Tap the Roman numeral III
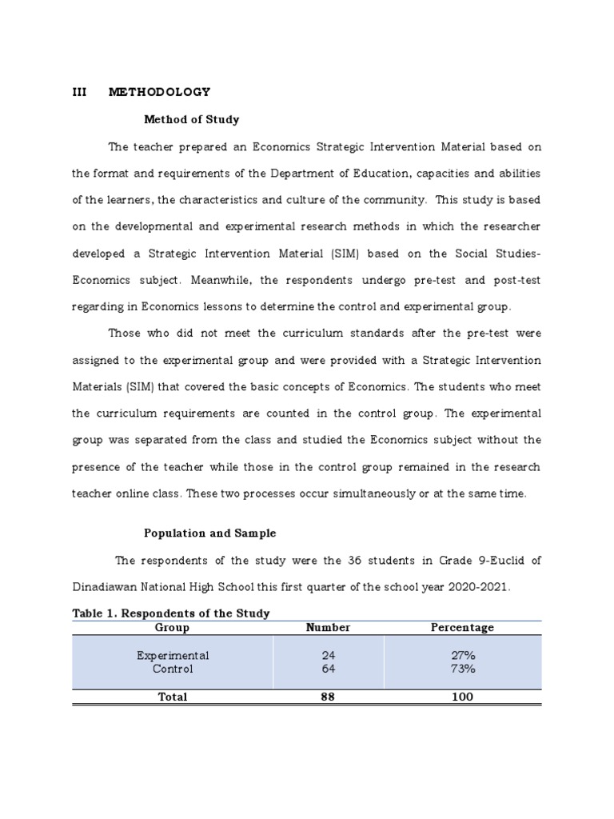pyautogui.click(x=79, y=92)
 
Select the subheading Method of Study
pyautogui.click(x=191, y=119)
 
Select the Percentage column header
pyautogui.click(x=462, y=628)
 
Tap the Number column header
pyautogui.click(x=328, y=628)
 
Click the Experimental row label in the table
pyautogui.click(x=173, y=655)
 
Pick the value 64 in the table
pyautogui.click(x=328, y=669)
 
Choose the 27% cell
pyautogui.click(x=462, y=655)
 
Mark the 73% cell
pyautogui.click(x=462, y=669)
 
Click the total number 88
pyautogui.click(x=328, y=697)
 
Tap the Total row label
pyautogui.click(x=173, y=697)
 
